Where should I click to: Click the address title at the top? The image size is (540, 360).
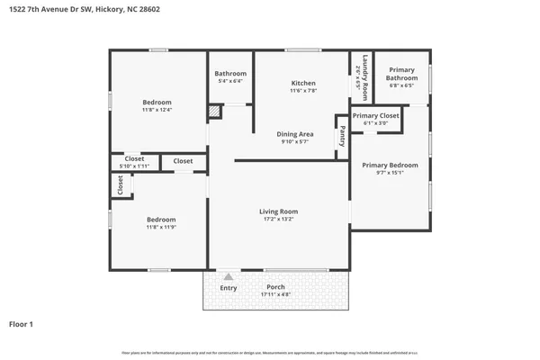click(86, 11)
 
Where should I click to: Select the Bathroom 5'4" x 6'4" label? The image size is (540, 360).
click(230, 77)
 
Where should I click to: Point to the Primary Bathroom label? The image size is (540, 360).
click(401, 77)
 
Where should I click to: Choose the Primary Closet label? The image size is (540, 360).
click(375, 120)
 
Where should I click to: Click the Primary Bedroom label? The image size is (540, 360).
click(390, 169)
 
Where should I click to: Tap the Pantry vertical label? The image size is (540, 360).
click(342, 137)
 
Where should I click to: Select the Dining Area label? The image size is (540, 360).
click(294, 138)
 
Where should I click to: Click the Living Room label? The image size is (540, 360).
click(280, 216)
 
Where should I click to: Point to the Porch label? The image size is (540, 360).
click(275, 291)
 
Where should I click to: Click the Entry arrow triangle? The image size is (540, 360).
click(229, 277)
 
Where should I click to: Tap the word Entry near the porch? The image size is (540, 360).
click(229, 288)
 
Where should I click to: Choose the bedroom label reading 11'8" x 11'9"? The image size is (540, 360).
click(161, 224)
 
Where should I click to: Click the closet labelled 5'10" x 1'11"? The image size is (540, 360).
click(134, 163)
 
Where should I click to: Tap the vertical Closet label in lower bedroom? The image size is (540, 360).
click(121, 184)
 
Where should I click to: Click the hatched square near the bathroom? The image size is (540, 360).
click(214, 112)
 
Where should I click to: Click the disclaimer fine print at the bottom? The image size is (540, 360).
click(270, 353)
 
